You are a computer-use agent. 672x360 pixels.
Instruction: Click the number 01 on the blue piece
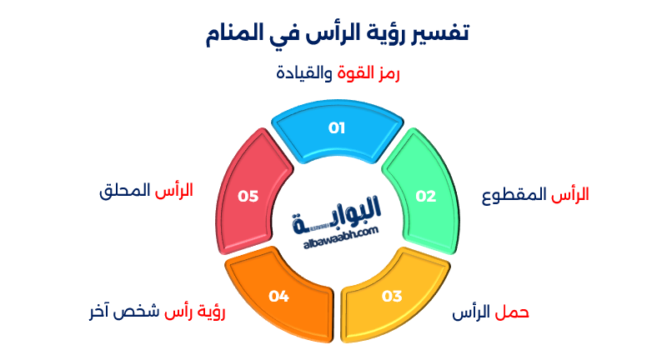coord(336,128)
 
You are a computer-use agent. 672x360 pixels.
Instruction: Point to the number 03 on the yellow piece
coord(392,296)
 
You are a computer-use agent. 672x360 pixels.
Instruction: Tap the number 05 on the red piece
coord(248,197)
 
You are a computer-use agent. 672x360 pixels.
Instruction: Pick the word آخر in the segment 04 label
coord(103,313)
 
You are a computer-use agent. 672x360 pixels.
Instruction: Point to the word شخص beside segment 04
coord(141,313)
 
